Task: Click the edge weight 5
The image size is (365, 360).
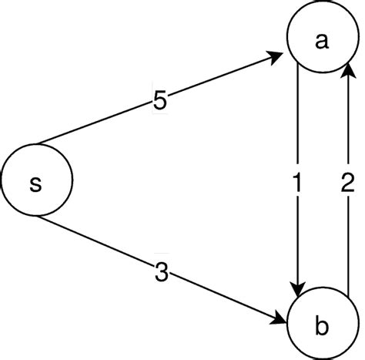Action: point(159,101)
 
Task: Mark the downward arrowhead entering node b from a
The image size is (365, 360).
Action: point(297,284)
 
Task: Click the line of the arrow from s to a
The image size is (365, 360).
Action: point(216,79)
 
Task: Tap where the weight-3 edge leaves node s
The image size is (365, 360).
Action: point(39,218)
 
